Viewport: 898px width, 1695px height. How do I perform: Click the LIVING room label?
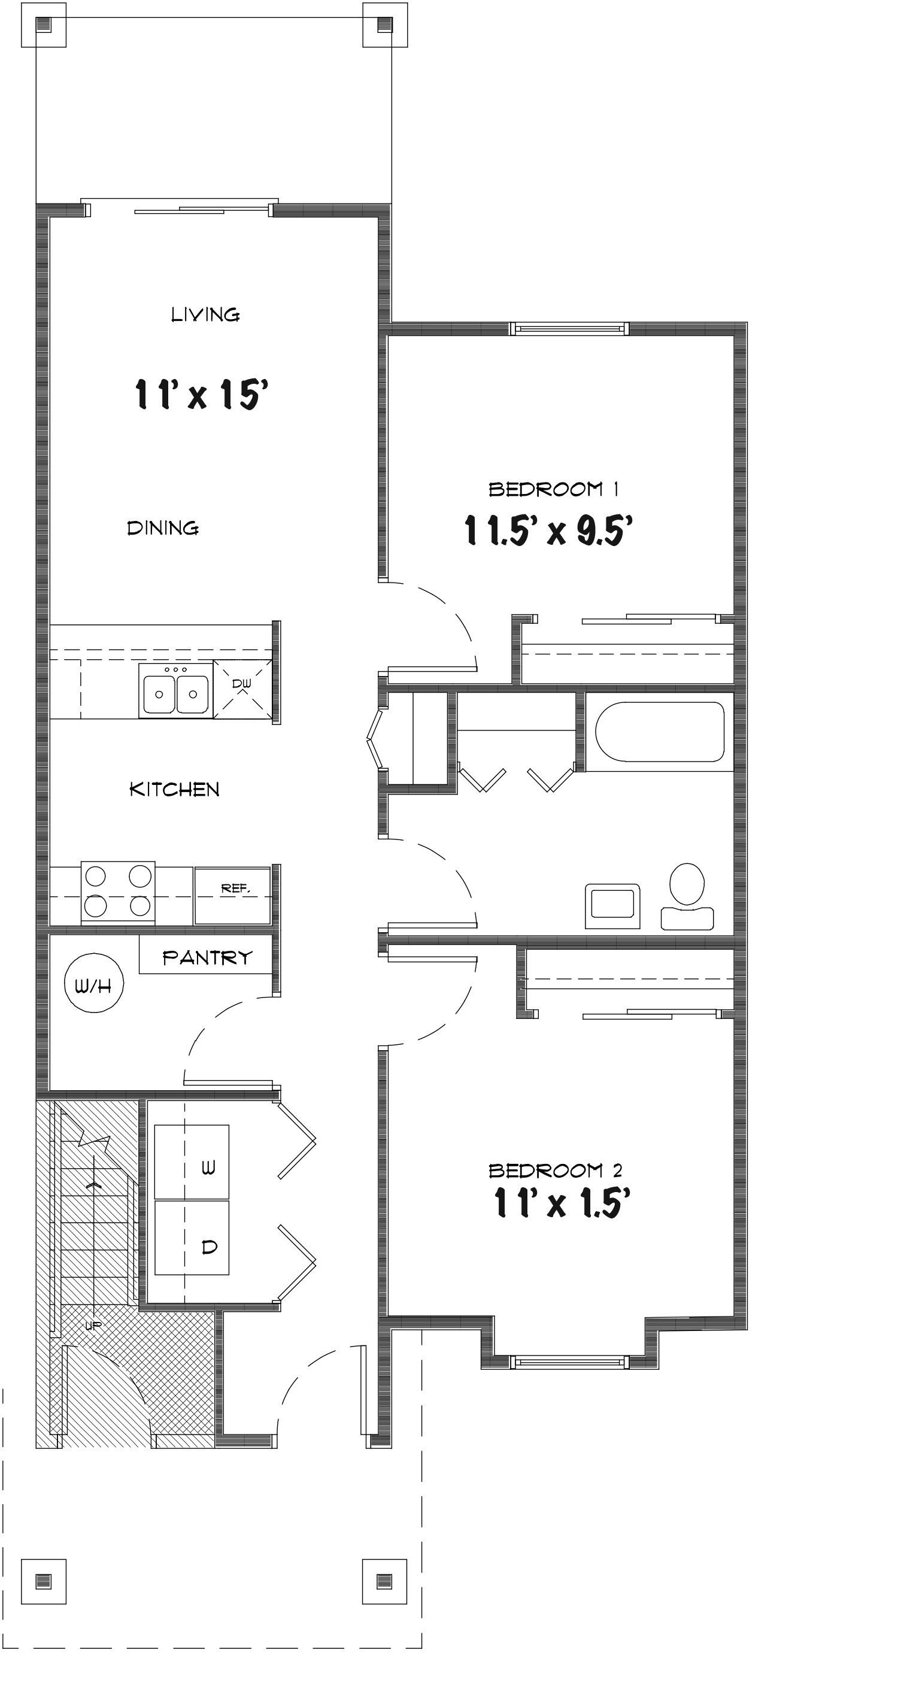[x=205, y=314]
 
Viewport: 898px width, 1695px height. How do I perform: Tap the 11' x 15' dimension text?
[x=201, y=394]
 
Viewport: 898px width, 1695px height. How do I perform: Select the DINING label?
[x=162, y=527]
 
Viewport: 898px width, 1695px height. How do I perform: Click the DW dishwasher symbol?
[x=242, y=687]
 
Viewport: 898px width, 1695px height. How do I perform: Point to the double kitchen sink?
[x=175, y=690]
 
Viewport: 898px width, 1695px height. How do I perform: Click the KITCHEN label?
[x=174, y=789]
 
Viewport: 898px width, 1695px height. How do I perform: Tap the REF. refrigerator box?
[x=233, y=896]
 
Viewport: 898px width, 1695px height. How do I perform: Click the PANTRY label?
[x=207, y=957]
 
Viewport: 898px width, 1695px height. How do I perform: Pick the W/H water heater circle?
[x=93, y=985]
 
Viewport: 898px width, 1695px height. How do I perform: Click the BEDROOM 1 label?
[x=553, y=489]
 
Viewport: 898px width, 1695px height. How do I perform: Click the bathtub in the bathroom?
[x=660, y=731]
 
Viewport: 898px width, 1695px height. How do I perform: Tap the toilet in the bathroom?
[x=687, y=896]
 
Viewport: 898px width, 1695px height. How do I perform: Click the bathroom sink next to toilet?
[x=612, y=905]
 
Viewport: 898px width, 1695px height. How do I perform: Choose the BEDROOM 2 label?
[x=554, y=1171]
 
